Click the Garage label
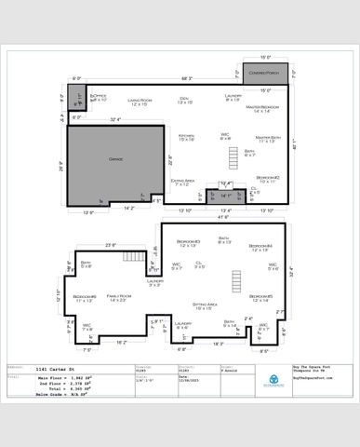point(116,159)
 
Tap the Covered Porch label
point(263,73)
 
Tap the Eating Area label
point(182,181)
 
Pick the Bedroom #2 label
point(269,177)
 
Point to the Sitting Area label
point(205,305)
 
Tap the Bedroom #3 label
point(189,243)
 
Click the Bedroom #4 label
point(260,246)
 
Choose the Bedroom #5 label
point(260,298)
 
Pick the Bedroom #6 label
point(85,298)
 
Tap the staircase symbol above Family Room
point(136,256)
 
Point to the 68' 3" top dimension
point(187,78)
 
